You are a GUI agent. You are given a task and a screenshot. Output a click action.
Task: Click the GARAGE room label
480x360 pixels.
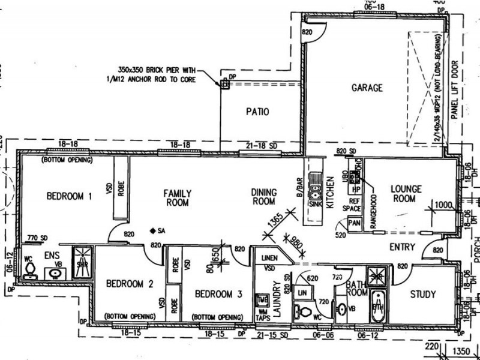(367, 88)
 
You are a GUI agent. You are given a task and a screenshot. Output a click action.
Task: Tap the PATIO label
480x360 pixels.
(257, 112)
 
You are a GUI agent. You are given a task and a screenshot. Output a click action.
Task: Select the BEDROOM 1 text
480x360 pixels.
(70, 196)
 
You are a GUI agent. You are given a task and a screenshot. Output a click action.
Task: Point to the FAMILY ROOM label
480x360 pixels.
(177, 198)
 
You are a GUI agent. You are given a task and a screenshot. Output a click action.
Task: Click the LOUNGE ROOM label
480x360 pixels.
(406, 193)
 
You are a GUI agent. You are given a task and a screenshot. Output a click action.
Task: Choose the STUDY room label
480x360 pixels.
(422, 295)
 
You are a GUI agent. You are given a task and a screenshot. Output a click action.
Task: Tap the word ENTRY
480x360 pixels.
(402, 247)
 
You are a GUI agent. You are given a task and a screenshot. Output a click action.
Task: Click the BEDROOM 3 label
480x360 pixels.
(218, 294)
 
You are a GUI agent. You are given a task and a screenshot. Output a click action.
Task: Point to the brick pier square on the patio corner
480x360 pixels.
(226, 85)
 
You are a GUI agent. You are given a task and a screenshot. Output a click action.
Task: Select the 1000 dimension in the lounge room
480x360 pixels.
(444, 205)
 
